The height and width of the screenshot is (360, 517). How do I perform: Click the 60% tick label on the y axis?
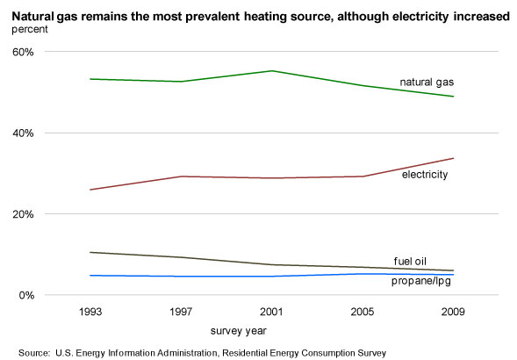[x=23, y=52]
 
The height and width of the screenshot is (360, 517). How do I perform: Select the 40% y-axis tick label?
[x=23, y=133]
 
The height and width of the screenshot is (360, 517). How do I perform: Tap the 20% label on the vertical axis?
[x=23, y=214]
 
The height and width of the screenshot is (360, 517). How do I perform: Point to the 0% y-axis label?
[x=26, y=295]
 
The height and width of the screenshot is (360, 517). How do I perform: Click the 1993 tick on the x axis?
[x=90, y=312]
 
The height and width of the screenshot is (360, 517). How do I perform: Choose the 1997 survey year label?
[x=181, y=312]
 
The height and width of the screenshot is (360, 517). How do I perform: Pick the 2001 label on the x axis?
[x=271, y=312]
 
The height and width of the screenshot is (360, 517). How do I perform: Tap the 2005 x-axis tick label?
[x=363, y=312]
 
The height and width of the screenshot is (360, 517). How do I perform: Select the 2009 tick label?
[x=453, y=312]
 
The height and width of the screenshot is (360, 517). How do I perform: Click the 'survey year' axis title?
[x=239, y=331]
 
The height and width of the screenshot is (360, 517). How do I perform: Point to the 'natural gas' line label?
[x=427, y=83]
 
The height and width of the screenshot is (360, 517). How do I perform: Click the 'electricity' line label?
[x=425, y=175]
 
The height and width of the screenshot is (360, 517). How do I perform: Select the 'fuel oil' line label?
[x=410, y=262]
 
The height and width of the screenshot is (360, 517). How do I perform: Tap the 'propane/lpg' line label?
[x=421, y=281]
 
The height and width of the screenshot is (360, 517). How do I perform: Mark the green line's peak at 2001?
[x=272, y=71]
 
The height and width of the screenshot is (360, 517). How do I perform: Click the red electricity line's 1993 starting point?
[x=90, y=190]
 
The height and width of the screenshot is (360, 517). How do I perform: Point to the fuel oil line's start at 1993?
[x=90, y=252]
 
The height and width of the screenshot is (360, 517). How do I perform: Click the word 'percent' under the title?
[x=30, y=29]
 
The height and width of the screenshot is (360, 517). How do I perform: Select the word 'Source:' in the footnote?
[x=34, y=353]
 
